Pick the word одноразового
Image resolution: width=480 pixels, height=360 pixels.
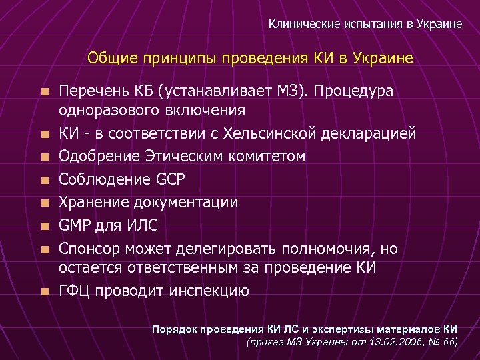(x=102, y=110)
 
